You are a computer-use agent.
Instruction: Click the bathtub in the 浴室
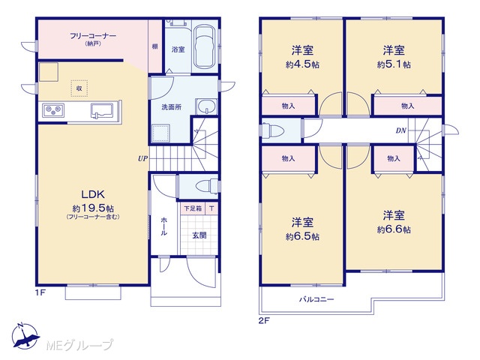click(205, 46)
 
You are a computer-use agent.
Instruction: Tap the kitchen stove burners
click(53, 110)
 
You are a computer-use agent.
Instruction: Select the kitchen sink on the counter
click(102, 110)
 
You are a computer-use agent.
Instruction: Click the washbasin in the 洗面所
click(206, 106)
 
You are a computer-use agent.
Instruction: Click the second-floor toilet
click(273, 130)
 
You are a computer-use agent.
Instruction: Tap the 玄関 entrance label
click(199, 235)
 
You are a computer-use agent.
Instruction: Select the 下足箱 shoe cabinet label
click(193, 208)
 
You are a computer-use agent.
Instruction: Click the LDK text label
click(93, 194)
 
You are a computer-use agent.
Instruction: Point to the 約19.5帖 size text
click(93, 208)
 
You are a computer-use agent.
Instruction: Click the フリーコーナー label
click(93, 36)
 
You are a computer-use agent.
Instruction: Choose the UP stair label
click(142, 158)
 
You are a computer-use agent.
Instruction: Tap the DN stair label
click(401, 130)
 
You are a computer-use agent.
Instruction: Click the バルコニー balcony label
click(316, 299)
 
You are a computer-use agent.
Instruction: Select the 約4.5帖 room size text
click(302, 64)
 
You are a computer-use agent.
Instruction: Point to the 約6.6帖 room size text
click(394, 229)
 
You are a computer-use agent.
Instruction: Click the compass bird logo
click(25, 336)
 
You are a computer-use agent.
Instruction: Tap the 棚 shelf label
click(155, 46)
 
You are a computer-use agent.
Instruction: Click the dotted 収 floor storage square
click(79, 88)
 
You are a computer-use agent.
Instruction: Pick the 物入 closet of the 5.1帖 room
click(408, 106)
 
